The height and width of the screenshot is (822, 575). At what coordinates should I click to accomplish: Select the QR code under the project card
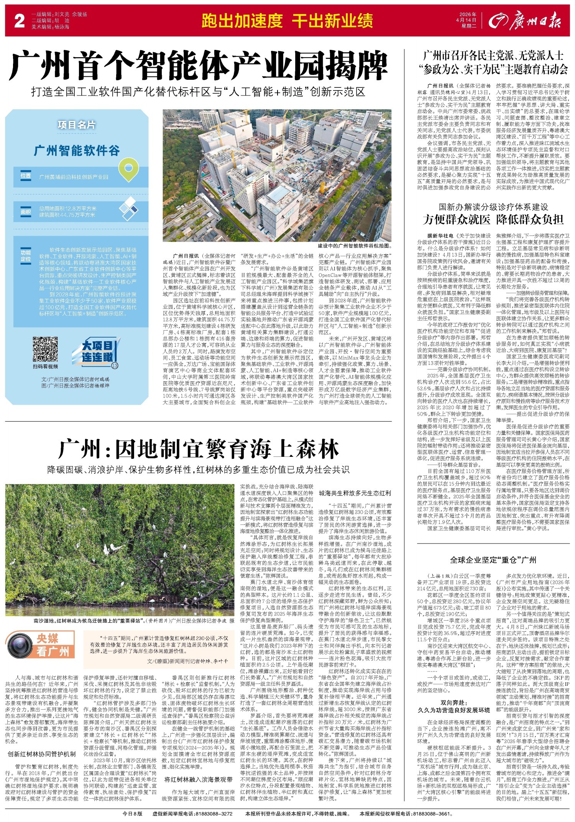pos(46,349)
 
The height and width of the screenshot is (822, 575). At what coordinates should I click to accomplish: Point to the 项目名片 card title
pos(77,125)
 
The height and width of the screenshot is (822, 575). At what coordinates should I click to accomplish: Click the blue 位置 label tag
pos(26,176)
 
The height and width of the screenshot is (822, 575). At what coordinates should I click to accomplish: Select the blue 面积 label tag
pos(26,212)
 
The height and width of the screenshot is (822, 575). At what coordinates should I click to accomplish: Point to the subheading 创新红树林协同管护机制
pos(42,754)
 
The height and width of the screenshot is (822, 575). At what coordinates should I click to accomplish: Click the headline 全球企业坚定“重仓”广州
pos(493,560)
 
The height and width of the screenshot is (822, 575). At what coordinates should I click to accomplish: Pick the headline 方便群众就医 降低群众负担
pos(493,219)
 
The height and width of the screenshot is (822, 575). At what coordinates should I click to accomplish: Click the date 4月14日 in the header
pos(466,20)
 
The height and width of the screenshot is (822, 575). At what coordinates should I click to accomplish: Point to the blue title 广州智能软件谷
pos(77,151)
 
